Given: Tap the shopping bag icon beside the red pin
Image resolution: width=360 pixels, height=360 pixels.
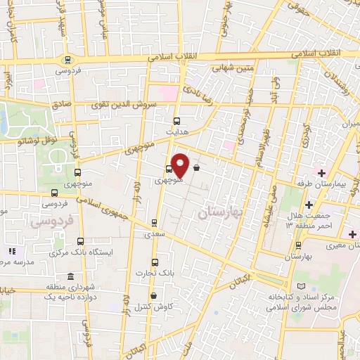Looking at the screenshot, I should point(195,168).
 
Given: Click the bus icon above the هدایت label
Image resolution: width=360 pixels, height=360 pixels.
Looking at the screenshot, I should point(176,120).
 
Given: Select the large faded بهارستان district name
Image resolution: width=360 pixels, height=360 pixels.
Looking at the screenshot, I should point(219,212).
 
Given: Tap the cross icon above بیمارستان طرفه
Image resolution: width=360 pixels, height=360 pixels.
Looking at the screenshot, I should point(321,173).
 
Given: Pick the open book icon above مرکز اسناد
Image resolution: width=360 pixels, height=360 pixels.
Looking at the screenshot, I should point(303,288).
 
